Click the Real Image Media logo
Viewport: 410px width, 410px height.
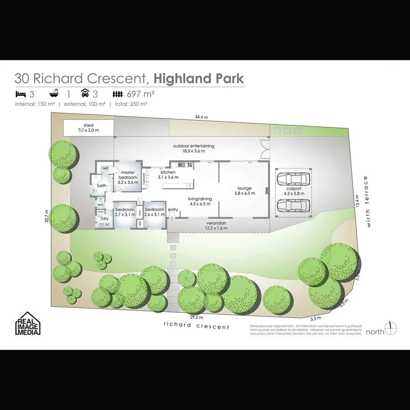pos(27,323)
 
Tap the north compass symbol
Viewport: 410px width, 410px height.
pos(391,328)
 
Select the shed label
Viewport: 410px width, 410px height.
pos(88,128)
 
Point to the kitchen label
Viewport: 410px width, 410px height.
pos(168,174)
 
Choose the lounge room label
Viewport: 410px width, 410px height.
pos(244,191)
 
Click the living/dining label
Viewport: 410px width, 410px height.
pos(200,201)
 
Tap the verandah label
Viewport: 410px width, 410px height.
pos(217,225)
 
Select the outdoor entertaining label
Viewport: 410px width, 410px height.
pos(194,148)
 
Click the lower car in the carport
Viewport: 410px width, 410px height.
pos(293,206)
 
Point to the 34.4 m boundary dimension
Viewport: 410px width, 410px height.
pos(201,117)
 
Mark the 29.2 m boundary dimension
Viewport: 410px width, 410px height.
pos(197,317)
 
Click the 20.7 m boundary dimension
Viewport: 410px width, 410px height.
pos(47,216)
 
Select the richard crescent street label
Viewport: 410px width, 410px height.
pos(196,326)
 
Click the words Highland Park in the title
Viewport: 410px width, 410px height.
pos(199,79)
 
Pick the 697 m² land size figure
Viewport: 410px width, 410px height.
pos(140,94)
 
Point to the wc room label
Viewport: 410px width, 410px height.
pos(101,205)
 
